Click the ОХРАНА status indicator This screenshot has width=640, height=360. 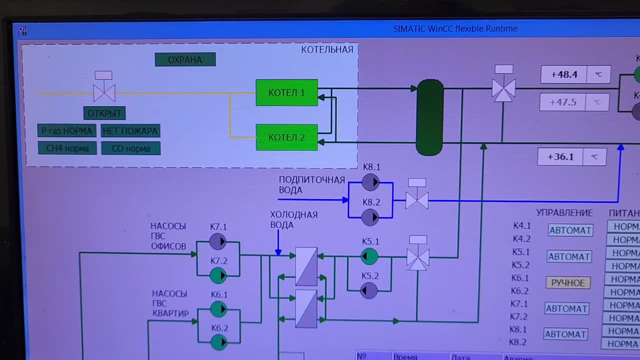coord(185,60)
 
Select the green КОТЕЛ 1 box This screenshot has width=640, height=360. coord(286,92)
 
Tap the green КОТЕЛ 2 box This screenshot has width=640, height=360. coord(286,137)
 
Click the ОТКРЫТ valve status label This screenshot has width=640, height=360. coord(104,113)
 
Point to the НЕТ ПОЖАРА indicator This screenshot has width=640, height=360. coord(130,131)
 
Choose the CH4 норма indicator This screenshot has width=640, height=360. coord(67,148)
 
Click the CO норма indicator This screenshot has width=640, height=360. coord(130,148)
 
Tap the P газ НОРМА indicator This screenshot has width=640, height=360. coord(67,131)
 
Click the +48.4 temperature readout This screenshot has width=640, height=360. coord(564,75)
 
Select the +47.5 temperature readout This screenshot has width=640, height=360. coord(563,102)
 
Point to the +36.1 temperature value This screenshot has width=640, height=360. coord(560,157)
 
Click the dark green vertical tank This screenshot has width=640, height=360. coord(430,117)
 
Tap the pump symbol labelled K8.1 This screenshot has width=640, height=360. coord(370,182)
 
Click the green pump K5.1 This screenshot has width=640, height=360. coord(369,256)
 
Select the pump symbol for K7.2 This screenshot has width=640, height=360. coord(218,275)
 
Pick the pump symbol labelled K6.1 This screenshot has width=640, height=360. coord(218,309)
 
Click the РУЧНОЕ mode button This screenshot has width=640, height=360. coord(568,283)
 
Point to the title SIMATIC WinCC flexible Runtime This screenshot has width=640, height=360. coord(455,29)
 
